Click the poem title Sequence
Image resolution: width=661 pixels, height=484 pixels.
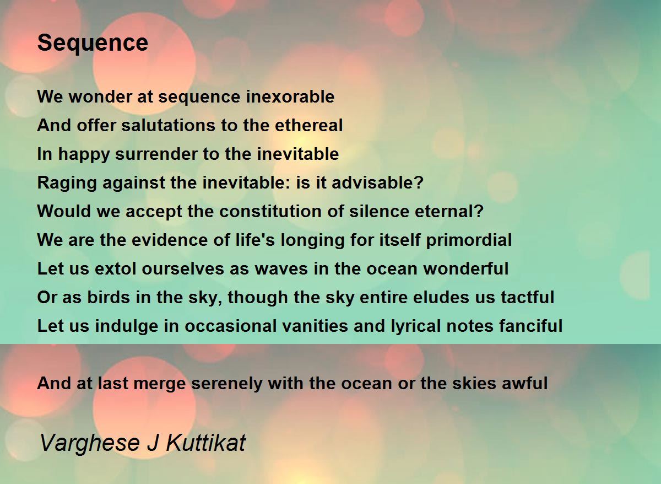(93, 42)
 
